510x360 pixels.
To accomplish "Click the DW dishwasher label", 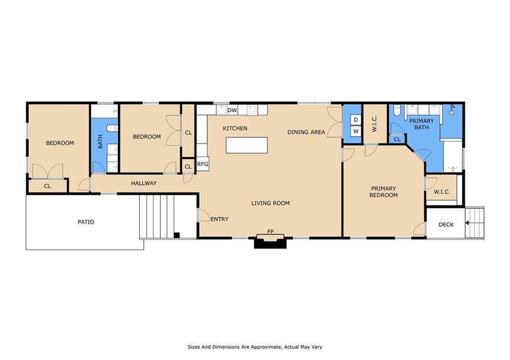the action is [x=232, y=110].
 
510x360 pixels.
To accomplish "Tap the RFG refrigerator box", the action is [x=202, y=164].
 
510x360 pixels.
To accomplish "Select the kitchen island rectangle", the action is [x=247, y=145].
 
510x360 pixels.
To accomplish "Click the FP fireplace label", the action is [x=270, y=232].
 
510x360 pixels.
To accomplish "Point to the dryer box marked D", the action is [x=356, y=120].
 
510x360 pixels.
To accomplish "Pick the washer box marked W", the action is [x=356, y=131].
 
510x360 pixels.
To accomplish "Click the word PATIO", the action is [x=86, y=222].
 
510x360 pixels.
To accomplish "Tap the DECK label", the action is [x=446, y=225].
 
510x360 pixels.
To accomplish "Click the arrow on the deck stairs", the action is [x=467, y=223].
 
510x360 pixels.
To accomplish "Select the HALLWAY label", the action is [x=144, y=183].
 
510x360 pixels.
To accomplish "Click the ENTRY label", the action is [x=220, y=219].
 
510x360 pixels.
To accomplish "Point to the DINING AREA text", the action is [x=306, y=132].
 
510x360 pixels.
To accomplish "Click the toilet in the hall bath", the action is [x=113, y=128].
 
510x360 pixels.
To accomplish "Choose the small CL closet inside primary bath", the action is [x=397, y=139].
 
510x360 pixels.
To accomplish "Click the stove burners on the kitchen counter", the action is [x=252, y=110].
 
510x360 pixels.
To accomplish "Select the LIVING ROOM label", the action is [x=270, y=203].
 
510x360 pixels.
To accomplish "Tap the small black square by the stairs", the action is [x=177, y=236].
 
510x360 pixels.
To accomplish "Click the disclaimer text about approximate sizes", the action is [x=255, y=347].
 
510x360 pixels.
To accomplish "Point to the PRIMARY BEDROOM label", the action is [x=383, y=192].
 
